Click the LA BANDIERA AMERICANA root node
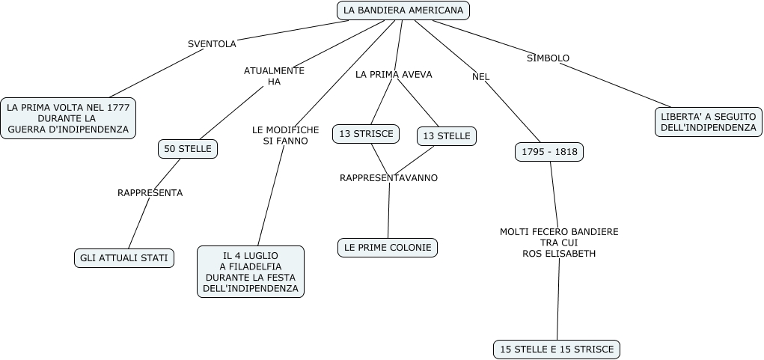(403, 10)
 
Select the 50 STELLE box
(188, 149)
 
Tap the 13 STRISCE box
(366, 134)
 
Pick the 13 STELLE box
(447, 135)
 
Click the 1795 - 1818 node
(549, 152)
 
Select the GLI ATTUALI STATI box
(125, 258)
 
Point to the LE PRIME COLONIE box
(388, 247)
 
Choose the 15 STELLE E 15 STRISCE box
(557, 349)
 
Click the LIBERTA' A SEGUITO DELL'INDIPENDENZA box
(709, 122)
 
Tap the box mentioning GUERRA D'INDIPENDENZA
(68, 118)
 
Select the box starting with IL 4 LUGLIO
(251, 272)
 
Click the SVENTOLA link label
(212, 44)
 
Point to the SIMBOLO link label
(548, 58)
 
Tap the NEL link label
(480, 76)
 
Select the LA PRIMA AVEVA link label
(394, 75)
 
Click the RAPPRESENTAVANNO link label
(388, 178)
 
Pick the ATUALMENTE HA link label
(274, 76)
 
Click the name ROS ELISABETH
(559, 254)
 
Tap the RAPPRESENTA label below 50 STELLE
(150, 193)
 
